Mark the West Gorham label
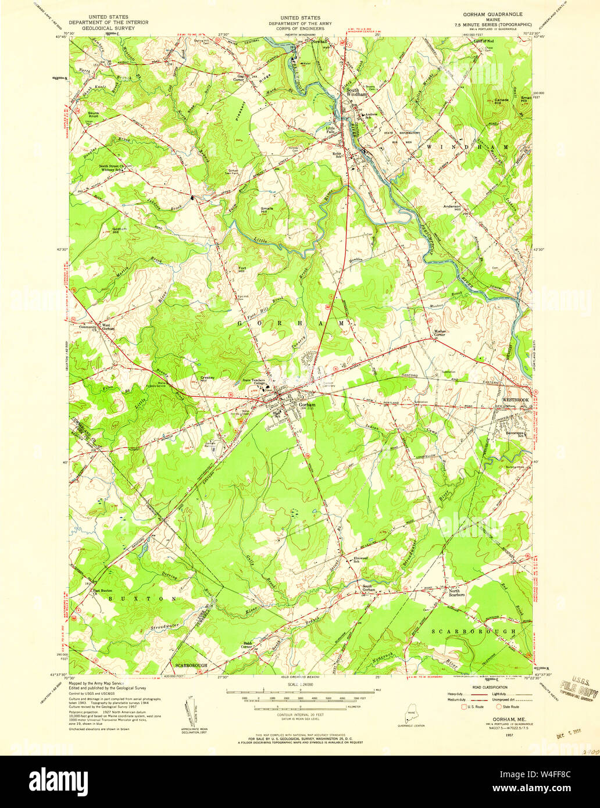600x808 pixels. (108, 327)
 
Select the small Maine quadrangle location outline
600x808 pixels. (410, 714)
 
